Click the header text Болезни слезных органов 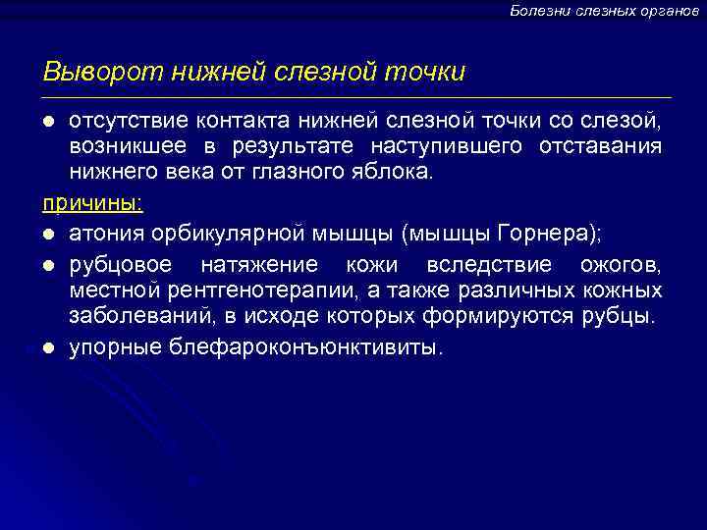coord(604,10)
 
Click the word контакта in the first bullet coord(232,121)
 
